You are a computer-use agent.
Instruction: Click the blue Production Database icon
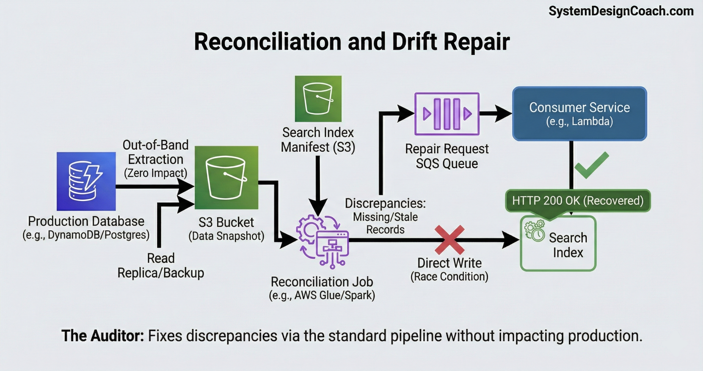click(86, 181)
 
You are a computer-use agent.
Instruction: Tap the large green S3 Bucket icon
click(226, 178)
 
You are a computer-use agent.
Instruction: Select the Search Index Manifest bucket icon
click(318, 99)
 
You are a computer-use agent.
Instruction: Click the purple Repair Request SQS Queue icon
click(447, 114)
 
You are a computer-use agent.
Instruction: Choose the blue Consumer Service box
click(579, 114)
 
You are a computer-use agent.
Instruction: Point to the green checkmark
click(591, 165)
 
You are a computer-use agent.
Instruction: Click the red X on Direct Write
click(449, 240)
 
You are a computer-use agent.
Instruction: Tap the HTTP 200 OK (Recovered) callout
click(578, 201)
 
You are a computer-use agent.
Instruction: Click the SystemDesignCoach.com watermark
click(621, 11)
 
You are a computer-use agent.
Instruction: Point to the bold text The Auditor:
click(102, 335)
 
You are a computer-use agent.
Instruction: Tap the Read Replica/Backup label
click(161, 265)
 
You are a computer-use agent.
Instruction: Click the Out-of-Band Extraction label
click(155, 152)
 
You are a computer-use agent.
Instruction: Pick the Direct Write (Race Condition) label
click(449, 270)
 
